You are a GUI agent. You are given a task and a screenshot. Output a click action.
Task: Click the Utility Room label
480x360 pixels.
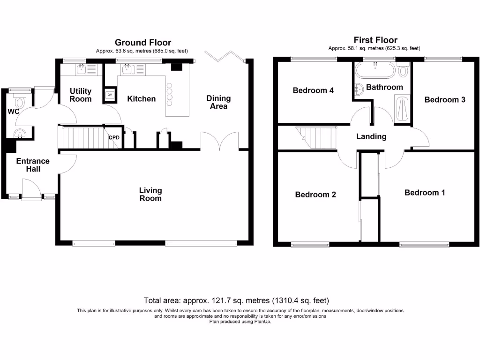81,95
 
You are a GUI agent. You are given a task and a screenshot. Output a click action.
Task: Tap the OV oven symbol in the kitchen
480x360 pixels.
110,95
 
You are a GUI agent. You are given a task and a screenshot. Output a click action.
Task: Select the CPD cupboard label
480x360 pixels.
114,138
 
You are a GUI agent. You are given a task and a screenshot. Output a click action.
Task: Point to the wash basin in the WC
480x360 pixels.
20,133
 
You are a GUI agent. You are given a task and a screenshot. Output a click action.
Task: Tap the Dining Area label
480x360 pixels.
218,102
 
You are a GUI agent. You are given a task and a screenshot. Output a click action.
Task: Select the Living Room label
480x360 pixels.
150,194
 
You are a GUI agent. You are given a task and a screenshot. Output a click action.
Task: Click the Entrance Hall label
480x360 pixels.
33,165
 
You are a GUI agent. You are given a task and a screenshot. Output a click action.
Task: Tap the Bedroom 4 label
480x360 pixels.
313,90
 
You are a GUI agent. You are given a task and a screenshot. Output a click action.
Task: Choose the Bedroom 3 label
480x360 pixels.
445,99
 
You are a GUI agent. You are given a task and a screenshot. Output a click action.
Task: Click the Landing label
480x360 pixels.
371,136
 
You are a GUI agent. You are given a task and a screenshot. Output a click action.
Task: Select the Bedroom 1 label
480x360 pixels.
425,193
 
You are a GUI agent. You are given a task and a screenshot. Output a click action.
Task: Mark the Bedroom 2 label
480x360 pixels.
315,195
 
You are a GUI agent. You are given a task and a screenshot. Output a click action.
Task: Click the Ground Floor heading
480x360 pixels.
143,43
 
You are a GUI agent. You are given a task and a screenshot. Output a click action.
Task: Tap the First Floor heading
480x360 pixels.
375,40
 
